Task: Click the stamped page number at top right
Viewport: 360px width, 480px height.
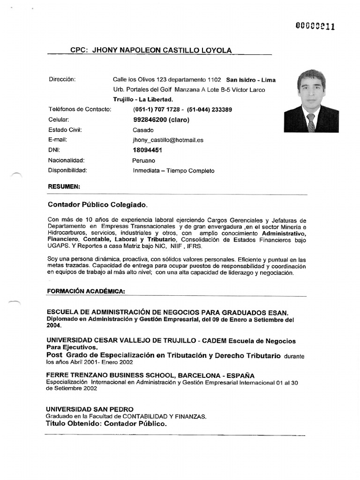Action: pos(315,26)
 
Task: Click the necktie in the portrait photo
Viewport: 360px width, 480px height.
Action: pos(311,122)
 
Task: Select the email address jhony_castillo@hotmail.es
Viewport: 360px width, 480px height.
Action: pos(168,140)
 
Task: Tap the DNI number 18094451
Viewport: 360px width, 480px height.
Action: pos(148,150)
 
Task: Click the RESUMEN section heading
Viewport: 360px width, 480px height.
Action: pos(64,187)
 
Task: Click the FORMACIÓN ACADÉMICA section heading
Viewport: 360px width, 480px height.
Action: pos(86,291)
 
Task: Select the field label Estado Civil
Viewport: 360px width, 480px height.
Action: pos(65,130)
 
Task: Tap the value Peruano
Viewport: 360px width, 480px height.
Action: pos(143,161)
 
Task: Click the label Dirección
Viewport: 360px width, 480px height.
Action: pos(62,79)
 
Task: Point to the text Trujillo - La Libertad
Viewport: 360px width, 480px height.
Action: pos(143,99)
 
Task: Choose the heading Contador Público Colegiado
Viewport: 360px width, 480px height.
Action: pos(97,205)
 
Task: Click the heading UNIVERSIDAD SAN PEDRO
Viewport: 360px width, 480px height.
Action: pos(90,409)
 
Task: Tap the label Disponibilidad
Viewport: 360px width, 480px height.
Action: pos(68,171)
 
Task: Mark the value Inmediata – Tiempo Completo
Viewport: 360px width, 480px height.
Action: pos(173,171)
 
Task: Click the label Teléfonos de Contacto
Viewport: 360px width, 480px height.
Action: pos(80,110)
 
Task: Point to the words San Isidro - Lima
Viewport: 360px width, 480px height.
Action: pos(251,80)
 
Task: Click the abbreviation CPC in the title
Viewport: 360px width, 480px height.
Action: pos(79,50)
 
